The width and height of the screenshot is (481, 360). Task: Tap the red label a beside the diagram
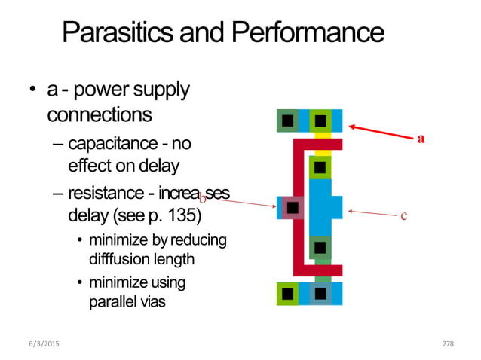(421, 138)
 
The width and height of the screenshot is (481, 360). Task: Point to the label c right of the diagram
(403, 216)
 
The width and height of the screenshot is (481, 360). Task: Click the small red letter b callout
(202, 198)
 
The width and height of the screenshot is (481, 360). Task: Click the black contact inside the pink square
(293, 207)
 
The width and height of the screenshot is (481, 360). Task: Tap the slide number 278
(448, 343)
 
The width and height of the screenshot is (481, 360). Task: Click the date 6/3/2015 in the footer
(44, 343)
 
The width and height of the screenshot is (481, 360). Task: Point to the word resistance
(107, 194)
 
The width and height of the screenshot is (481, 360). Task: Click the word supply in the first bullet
(164, 91)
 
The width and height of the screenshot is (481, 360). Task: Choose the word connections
(99, 115)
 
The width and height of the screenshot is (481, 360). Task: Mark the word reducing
(197, 241)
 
